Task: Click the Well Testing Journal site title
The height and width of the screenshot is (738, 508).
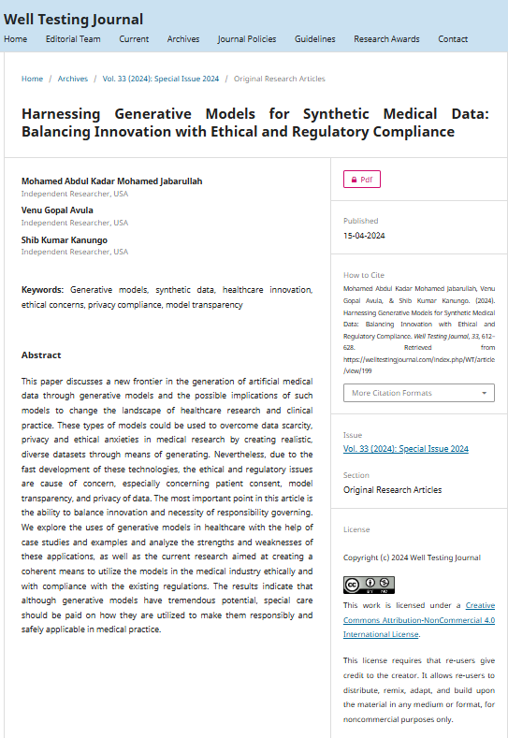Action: click(x=74, y=20)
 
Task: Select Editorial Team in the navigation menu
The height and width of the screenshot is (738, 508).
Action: click(x=73, y=39)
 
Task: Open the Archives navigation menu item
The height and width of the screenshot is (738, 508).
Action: click(x=183, y=39)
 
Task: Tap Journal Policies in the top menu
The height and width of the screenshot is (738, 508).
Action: click(x=247, y=39)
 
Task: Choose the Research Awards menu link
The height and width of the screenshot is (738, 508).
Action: click(x=386, y=39)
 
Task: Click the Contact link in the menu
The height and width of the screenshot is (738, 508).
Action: click(x=453, y=39)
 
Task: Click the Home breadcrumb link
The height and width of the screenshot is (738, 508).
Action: click(x=32, y=79)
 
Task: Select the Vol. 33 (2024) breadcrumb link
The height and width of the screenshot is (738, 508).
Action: click(x=161, y=79)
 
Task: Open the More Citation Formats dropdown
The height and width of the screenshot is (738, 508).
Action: click(x=418, y=393)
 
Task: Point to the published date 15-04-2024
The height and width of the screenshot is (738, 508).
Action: click(x=364, y=236)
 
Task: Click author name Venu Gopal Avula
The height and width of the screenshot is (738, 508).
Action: click(x=57, y=210)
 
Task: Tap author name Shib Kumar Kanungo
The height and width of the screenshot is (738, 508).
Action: click(x=65, y=239)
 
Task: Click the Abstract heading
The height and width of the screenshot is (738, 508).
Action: click(x=41, y=355)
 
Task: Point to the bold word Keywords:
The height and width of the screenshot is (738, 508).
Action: click(x=43, y=290)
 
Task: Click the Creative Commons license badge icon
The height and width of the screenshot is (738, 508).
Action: click(x=369, y=585)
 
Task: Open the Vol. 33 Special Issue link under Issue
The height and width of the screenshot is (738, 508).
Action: click(x=406, y=449)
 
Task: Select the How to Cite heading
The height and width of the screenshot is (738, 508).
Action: click(x=364, y=275)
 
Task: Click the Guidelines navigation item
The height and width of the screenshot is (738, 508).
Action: click(x=314, y=39)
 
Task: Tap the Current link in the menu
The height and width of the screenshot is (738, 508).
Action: click(x=134, y=39)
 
